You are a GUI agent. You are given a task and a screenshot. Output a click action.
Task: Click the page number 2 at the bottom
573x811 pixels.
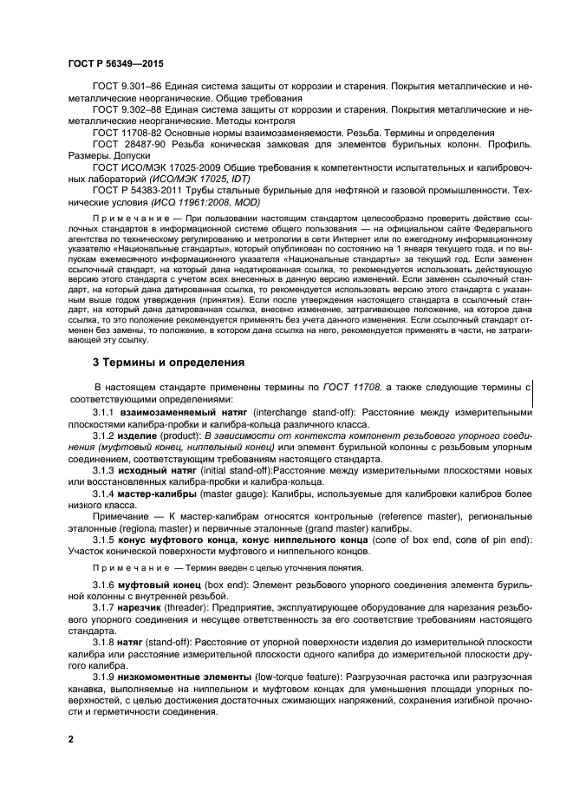(71, 739)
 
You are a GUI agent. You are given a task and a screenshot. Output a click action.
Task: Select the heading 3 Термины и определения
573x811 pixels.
(168, 362)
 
